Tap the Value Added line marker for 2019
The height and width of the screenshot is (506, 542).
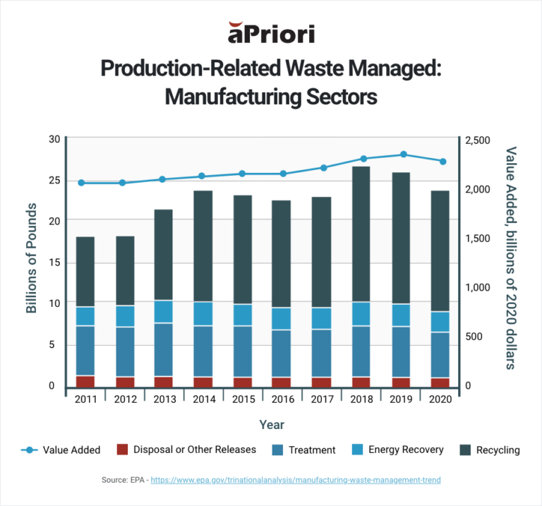pos(404,155)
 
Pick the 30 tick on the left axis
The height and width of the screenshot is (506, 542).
pos(54,139)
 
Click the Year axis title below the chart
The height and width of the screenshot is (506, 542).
pos(271,425)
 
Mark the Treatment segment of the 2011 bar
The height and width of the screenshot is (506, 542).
pos(85,351)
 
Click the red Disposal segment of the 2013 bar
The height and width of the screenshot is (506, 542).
pos(164,382)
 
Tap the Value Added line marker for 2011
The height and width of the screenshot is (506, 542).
pos(81,183)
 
